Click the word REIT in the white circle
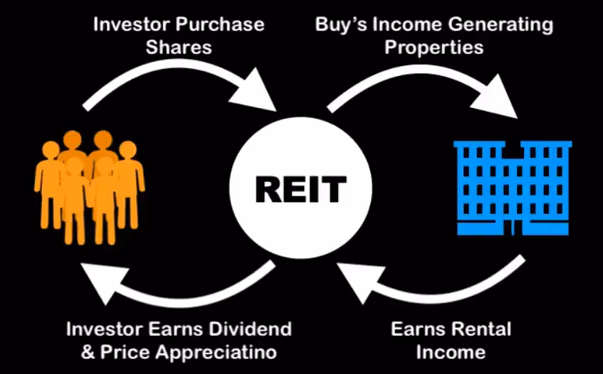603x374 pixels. pyautogui.click(x=300, y=190)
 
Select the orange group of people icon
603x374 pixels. pyautogui.click(x=88, y=186)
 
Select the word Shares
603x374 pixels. pyautogui.click(x=179, y=47)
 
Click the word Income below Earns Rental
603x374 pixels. pyautogui.click(x=451, y=351)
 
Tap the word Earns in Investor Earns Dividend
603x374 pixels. pyautogui.click(x=172, y=329)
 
